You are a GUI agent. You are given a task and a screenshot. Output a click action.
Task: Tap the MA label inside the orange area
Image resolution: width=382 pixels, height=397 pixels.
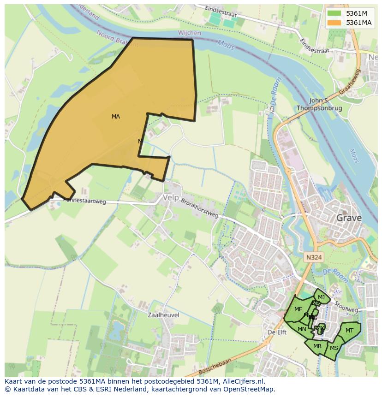116,117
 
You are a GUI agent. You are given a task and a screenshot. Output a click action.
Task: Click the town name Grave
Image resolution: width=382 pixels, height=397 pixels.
349,218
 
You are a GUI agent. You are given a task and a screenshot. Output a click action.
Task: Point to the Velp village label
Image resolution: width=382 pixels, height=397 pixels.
170,197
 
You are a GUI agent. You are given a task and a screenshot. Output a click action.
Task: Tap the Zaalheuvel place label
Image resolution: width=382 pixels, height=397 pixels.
163,315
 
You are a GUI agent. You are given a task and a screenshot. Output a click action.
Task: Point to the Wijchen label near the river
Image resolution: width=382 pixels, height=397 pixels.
189,33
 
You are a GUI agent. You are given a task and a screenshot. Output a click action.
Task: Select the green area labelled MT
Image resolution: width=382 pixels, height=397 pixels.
349,331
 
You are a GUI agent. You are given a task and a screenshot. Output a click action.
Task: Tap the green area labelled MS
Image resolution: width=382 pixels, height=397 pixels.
334,348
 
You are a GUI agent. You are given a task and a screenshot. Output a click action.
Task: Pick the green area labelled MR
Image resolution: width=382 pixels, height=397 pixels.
317,346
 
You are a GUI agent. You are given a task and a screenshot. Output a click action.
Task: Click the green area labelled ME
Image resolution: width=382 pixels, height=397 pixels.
298,309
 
